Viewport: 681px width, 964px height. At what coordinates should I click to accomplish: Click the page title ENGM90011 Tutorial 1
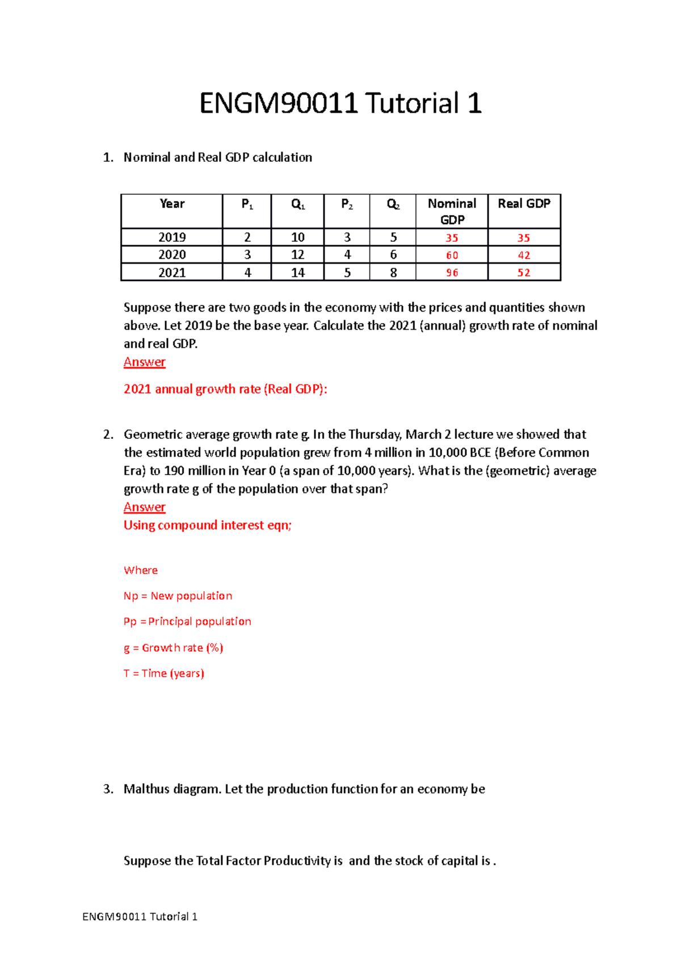[x=340, y=103]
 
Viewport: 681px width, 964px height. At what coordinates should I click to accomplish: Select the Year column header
[x=172, y=204]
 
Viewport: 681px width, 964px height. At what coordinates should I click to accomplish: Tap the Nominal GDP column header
[x=452, y=211]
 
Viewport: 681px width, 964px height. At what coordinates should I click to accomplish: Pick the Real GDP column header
[x=524, y=204]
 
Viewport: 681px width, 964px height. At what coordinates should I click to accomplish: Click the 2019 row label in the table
[x=172, y=237]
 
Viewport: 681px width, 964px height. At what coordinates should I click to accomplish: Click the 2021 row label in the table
[x=172, y=273]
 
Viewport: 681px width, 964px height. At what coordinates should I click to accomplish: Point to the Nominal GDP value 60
[x=452, y=255]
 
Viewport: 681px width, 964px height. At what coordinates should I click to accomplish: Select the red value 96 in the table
[x=452, y=273]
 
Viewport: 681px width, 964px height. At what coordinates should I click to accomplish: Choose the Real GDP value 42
[x=524, y=255]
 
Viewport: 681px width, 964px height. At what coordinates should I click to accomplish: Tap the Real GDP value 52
[x=524, y=273]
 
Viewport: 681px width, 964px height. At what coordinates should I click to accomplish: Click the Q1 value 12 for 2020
[x=297, y=255]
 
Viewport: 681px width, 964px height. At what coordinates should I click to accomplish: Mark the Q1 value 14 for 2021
[x=297, y=273]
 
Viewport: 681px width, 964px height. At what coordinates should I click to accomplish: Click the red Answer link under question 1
[x=145, y=362]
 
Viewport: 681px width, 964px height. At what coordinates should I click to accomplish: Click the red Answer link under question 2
[x=145, y=507]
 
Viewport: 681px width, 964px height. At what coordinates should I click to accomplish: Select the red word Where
[x=141, y=570]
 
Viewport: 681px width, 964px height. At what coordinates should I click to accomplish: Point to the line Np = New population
[x=178, y=596]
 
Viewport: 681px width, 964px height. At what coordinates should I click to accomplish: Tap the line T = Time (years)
[x=163, y=673]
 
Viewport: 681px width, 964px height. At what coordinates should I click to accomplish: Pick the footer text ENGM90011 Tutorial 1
[x=140, y=916]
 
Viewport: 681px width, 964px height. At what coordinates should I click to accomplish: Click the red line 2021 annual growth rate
[x=225, y=389]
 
